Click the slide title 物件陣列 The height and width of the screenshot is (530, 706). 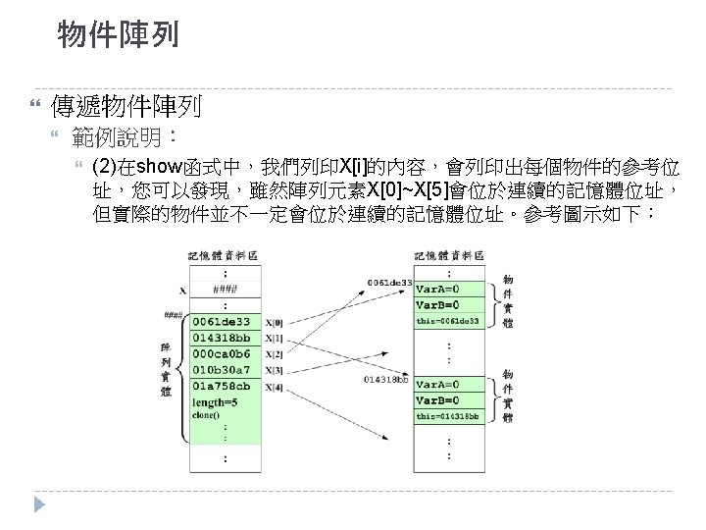click(x=118, y=37)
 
